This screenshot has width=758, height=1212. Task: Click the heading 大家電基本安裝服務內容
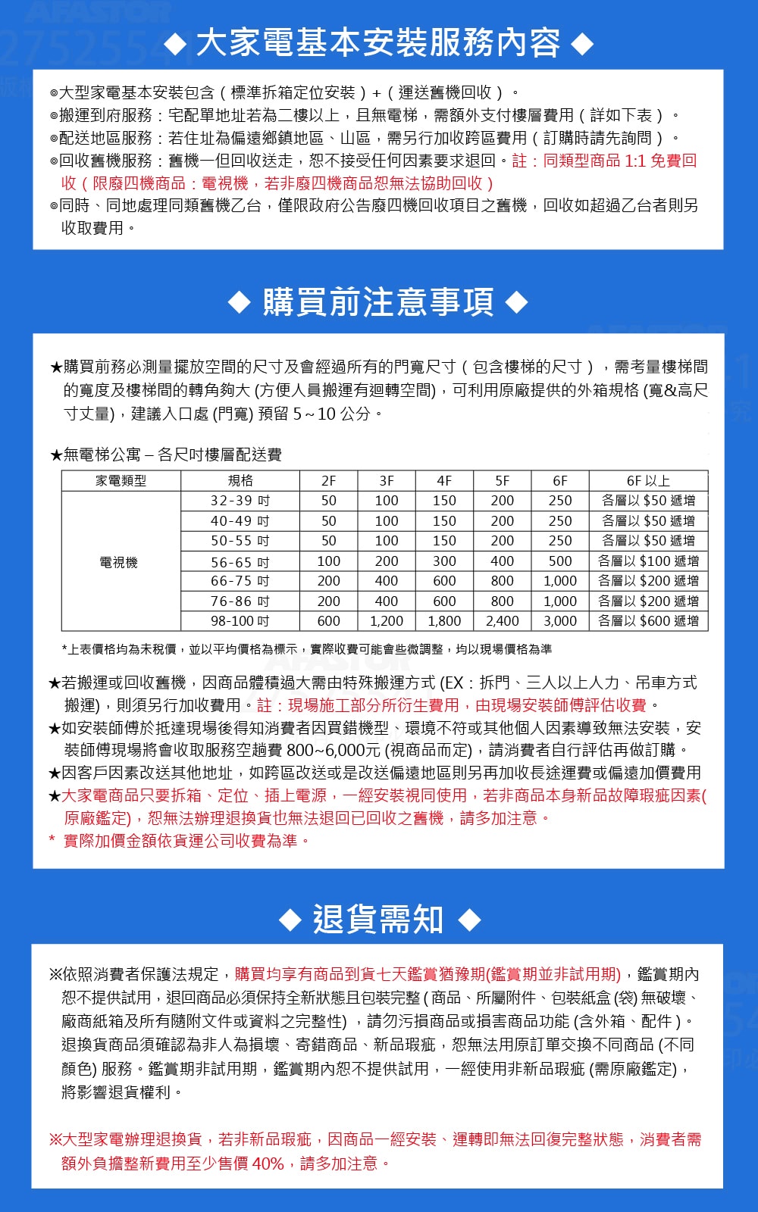(x=378, y=43)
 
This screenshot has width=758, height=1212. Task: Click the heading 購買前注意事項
(x=378, y=302)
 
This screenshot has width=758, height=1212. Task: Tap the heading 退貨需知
(x=378, y=920)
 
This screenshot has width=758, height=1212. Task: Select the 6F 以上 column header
(x=648, y=481)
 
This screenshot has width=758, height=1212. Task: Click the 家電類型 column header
(x=121, y=481)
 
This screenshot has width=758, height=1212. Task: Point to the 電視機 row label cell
(x=119, y=562)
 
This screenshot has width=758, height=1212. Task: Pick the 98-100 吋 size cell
(x=240, y=621)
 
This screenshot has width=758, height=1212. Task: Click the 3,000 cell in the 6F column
(x=560, y=621)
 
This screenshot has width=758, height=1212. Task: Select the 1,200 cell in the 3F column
(x=387, y=621)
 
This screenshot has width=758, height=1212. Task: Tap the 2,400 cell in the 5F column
(x=503, y=621)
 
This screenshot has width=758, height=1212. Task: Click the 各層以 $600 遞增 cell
(x=648, y=621)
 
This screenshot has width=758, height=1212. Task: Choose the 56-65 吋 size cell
(x=240, y=562)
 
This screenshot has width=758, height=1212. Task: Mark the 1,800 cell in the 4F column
(x=444, y=621)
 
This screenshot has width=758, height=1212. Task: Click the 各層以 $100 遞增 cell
(x=648, y=561)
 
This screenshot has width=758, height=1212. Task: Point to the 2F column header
(x=328, y=481)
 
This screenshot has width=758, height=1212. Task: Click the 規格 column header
(x=240, y=481)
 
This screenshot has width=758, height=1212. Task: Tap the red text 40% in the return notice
(x=268, y=1164)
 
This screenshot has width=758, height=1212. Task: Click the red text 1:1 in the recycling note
(x=635, y=161)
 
